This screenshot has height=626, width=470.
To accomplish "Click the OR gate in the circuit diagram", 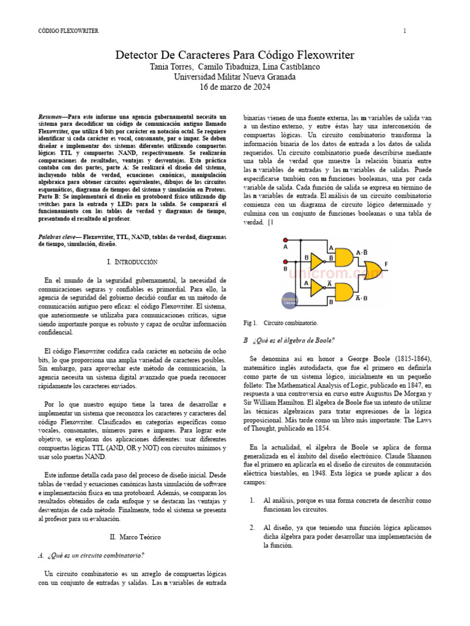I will pos(372,270).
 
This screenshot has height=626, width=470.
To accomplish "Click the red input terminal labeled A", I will pos(285,239).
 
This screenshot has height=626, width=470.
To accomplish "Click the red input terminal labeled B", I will pos(285,262).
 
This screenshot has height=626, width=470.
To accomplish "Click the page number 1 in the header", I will pos(405,31).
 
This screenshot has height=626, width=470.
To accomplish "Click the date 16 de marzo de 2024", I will pos(234,87).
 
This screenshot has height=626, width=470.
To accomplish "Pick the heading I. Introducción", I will pos(132,262).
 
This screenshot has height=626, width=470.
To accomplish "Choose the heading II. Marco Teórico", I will pos(135,537).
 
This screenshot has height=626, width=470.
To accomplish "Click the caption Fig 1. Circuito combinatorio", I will pos(280,322).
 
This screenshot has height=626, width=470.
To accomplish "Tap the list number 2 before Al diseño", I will pos(252,527).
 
